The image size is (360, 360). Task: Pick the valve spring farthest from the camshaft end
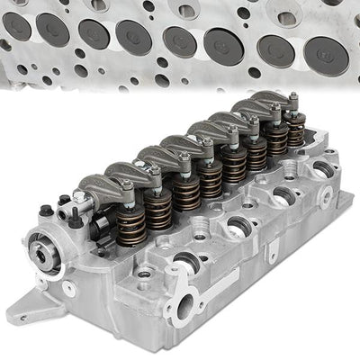click(296, 135)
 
